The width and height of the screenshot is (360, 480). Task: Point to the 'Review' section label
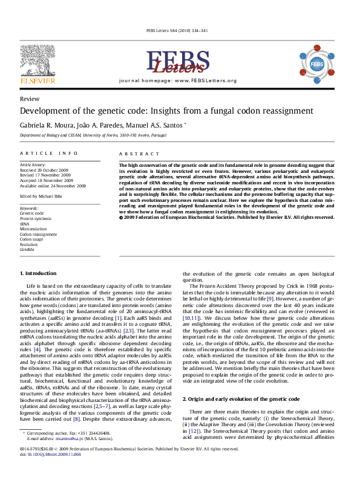pyautogui.click(x=30, y=99)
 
